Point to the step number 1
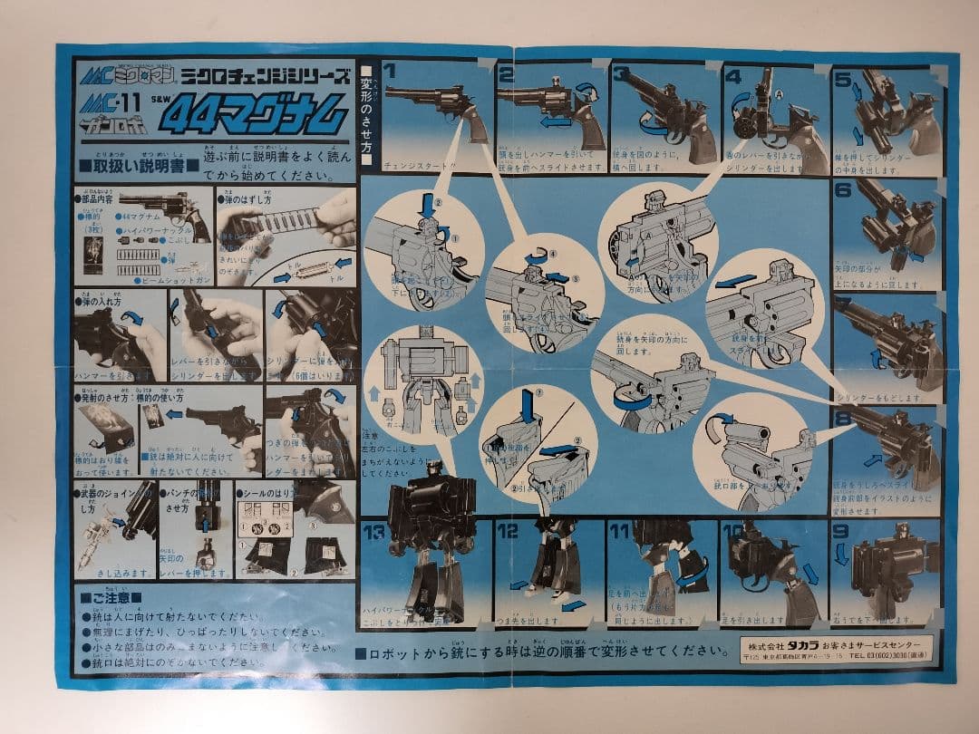390,69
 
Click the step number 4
732,75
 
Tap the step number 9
840,532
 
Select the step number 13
374,531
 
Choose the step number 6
843,189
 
